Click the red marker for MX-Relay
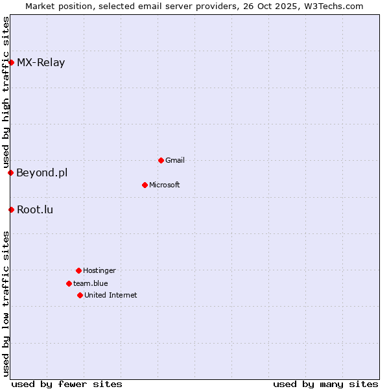pyautogui.click(x=11, y=62)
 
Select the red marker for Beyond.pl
pyautogui.click(x=10, y=172)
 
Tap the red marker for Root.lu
pyautogui.click(x=11, y=209)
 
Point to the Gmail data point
pyautogui.click(x=161, y=160)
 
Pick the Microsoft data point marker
pyautogui.click(x=145, y=185)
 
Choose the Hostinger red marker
pyautogui.click(x=78, y=270)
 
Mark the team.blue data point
pyautogui.click(x=69, y=283)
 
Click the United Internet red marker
pyautogui.click(x=80, y=295)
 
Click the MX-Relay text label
pyautogui.click(x=41, y=63)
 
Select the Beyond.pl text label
pyautogui.click(x=42, y=172)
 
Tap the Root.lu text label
pyautogui.click(x=35, y=209)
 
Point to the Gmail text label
pyautogui.click(x=175, y=160)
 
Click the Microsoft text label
pyautogui.click(x=165, y=185)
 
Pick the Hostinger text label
pyautogui.click(x=99, y=270)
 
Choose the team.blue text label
pyautogui.click(x=91, y=283)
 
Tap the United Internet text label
pyautogui.click(x=111, y=295)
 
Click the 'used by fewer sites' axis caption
pyautogui.click(x=67, y=384)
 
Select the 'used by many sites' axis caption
pyautogui.click(x=325, y=384)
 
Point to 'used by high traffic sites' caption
pyautogui.click(x=6, y=92)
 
